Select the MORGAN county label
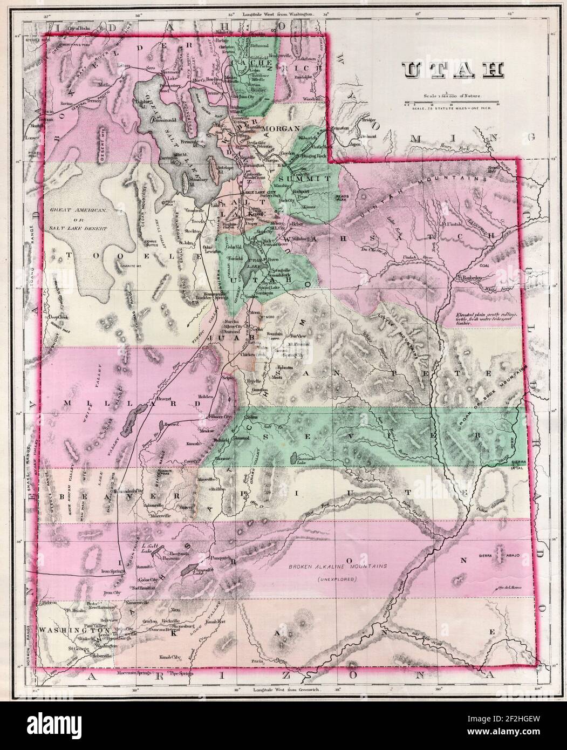(x=281, y=128)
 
